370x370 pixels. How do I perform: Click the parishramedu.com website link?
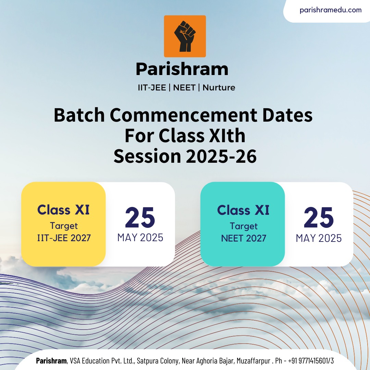point(330,10)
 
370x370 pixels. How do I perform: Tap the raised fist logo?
point(185,36)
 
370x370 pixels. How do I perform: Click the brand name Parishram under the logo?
point(182,69)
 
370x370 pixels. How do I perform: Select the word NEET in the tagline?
point(184,88)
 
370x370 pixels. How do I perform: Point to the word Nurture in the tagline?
point(219,88)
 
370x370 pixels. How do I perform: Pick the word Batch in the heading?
point(79,115)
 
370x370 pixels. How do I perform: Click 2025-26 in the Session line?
point(221,156)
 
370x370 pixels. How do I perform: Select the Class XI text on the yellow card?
point(63,210)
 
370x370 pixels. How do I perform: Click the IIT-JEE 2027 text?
point(64,238)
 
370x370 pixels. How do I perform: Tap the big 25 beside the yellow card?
point(140,217)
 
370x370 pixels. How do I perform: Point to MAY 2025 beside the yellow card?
point(140,238)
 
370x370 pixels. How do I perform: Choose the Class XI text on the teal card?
point(243,210)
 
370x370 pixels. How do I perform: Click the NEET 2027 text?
point(244,238)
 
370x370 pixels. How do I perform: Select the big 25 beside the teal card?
point(319,217)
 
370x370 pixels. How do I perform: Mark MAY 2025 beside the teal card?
point(319,238)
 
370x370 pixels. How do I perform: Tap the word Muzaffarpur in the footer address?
point(254,361)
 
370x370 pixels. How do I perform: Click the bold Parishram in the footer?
point(51,361)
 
